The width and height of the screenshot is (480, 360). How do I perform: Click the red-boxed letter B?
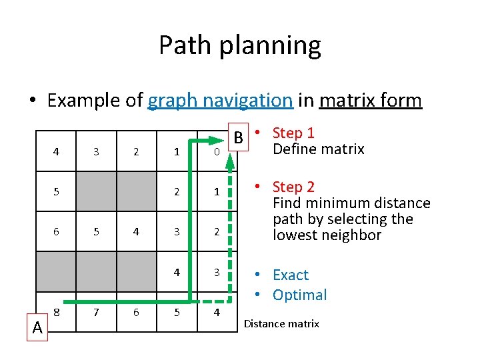pos(237,139)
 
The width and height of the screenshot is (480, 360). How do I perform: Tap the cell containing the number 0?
pos(217,152)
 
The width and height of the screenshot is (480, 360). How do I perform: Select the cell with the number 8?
pos(56,311)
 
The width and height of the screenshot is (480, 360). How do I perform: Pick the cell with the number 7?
pos(96,311)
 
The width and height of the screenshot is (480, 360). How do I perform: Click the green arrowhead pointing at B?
pos(223,139)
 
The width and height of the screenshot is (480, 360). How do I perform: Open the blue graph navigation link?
pos(220,101)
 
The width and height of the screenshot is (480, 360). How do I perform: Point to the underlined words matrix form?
pos(370,101)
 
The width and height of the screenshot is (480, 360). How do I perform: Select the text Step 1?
pos(293,133)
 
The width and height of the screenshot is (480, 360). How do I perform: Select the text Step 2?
pos(293,187)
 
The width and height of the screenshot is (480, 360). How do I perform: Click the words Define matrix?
pos(319,149)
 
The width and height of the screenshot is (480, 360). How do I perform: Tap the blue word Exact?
pos(291,275)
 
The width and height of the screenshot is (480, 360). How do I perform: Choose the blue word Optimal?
pos(299,295)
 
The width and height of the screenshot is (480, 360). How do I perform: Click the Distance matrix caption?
pos(281,324)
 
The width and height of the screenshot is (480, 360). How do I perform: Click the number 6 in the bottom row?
pos(136,311)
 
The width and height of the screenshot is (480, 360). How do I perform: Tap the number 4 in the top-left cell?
pos(56,151)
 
